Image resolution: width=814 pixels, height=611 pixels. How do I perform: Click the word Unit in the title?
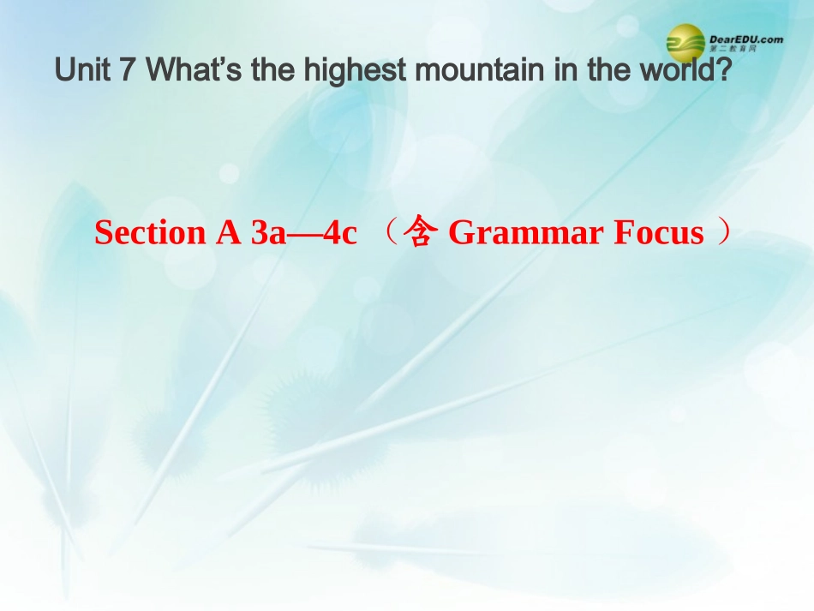click(x=82, y=71)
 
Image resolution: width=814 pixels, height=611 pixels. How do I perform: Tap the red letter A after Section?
click(x=228, y=233)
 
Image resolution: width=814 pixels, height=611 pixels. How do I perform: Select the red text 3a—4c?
click(x=303, y=233)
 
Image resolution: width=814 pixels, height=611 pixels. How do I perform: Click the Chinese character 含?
click(x=420, y=233)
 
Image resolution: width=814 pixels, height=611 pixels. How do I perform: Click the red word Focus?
click(x=658, y=233)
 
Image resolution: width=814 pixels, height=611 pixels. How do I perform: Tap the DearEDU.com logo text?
click(x=745, y=39)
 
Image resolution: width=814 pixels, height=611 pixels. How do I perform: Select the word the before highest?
click(x=272, y=71)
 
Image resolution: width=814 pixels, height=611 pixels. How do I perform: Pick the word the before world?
click(x=609, y=71)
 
